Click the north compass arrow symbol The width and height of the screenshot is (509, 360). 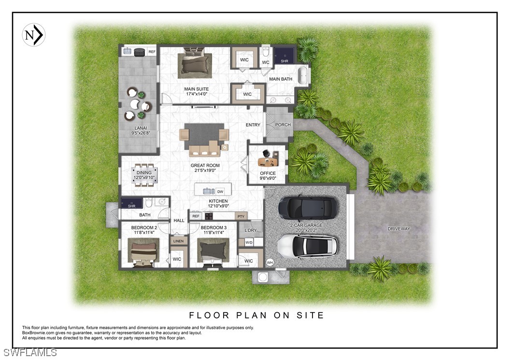[x=34, y=35]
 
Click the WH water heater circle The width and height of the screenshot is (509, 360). [x=270, y=262]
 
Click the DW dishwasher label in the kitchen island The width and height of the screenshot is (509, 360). [x=220, y=192]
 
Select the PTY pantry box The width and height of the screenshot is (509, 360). [x=241, y=216]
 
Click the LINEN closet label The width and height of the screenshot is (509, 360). [x=179, y=241]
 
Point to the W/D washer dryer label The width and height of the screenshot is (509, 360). [x=249, y=243]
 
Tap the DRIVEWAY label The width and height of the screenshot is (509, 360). [x=399, y=229]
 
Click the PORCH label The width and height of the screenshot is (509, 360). [x=283, y=125]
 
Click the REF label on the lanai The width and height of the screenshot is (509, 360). [x=152, y=52]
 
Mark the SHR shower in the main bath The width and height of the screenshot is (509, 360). [x=285, y=56]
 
